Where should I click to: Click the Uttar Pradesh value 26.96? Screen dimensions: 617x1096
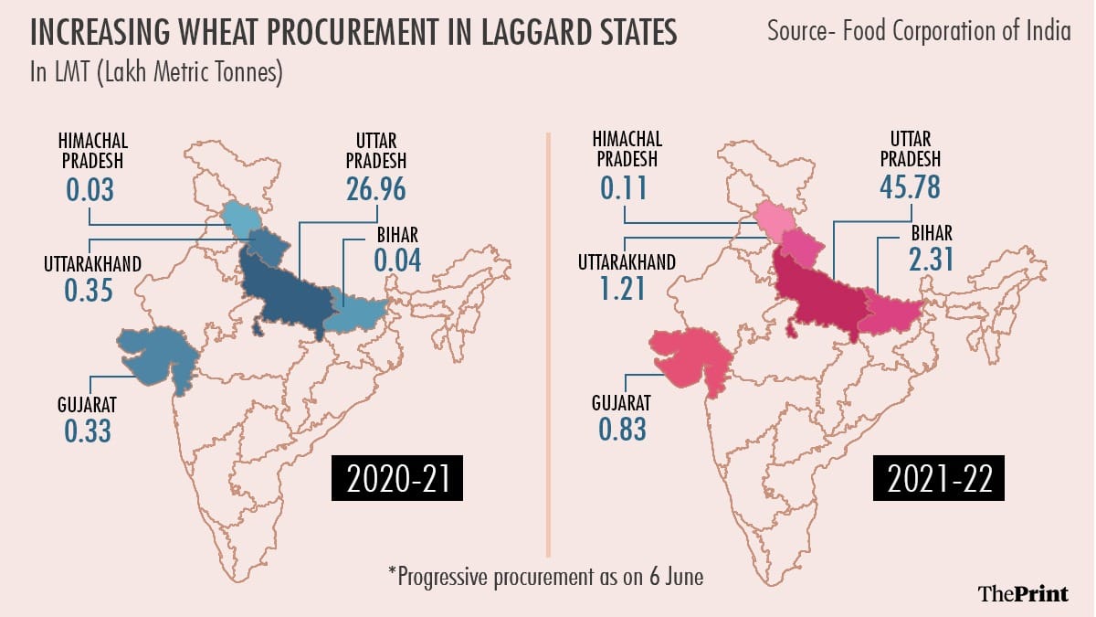375,189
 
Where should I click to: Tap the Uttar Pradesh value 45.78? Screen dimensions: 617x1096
910,189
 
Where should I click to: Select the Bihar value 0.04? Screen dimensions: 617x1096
397,260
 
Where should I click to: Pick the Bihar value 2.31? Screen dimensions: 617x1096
931,260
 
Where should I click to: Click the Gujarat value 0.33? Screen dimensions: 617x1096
88,430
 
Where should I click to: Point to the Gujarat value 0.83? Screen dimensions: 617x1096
623,430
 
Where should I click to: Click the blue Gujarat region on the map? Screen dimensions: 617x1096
158,355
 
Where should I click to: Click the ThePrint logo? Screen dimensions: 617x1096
1022,593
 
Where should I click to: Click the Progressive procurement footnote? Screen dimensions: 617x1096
547,577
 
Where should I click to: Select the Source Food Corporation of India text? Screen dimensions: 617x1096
919,31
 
